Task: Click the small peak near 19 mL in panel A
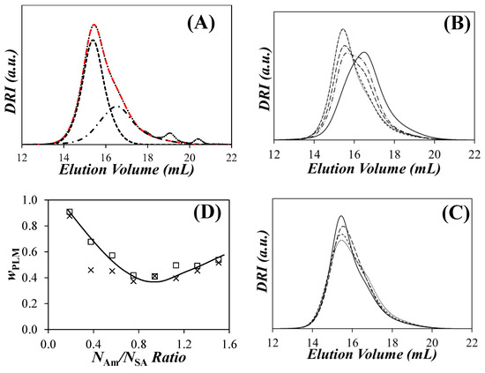pos(170,134)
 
